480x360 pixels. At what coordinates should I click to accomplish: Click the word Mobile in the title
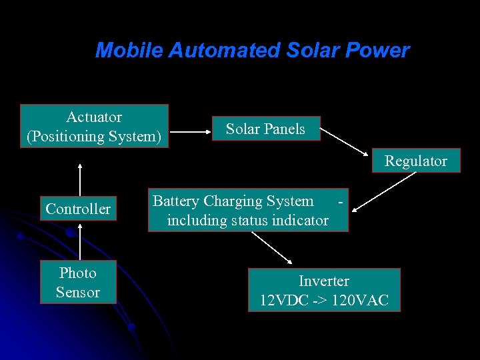[x=129, y=51]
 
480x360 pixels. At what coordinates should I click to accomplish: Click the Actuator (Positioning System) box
[x=94, y=126]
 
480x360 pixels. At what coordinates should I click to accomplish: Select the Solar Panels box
[x=265, y=129]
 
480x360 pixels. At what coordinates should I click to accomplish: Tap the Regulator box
[x=415, y=161]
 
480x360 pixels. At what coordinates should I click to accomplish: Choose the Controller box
[x=78, y=209]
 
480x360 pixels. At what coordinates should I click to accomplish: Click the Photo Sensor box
[x=78, y=282]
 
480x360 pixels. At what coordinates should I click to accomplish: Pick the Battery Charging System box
[x=248, y=211]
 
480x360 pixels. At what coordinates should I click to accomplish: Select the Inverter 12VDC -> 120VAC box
[x=324, y=291]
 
